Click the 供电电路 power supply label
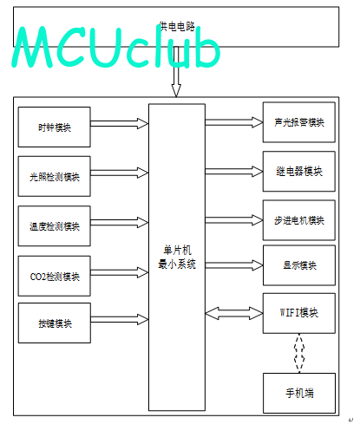tap(177, 27)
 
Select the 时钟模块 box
tap(55, 127)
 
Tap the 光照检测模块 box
tap(55, 176)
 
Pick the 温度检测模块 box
tap(55, 226)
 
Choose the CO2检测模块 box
tap(55, 276)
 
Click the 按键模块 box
tap(55, 323)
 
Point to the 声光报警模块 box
tap(299, 122)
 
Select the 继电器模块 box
tap(299, 172)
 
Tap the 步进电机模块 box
tap(299, 220)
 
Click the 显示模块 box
tap(299, 265)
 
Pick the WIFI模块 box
tap(299, 313)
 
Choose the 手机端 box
tap(299, 393)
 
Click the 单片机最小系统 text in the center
tap(177, 257)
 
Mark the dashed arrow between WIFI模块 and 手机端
tap(299, 353)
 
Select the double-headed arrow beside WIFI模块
tap(234, 313)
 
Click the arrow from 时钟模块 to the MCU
tap(120, 123)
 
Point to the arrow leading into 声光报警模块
tap(234, 122)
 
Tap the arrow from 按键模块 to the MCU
tap(120, 319)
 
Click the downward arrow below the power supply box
tap(176, 72)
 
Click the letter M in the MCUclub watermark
tap(33, 47)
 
